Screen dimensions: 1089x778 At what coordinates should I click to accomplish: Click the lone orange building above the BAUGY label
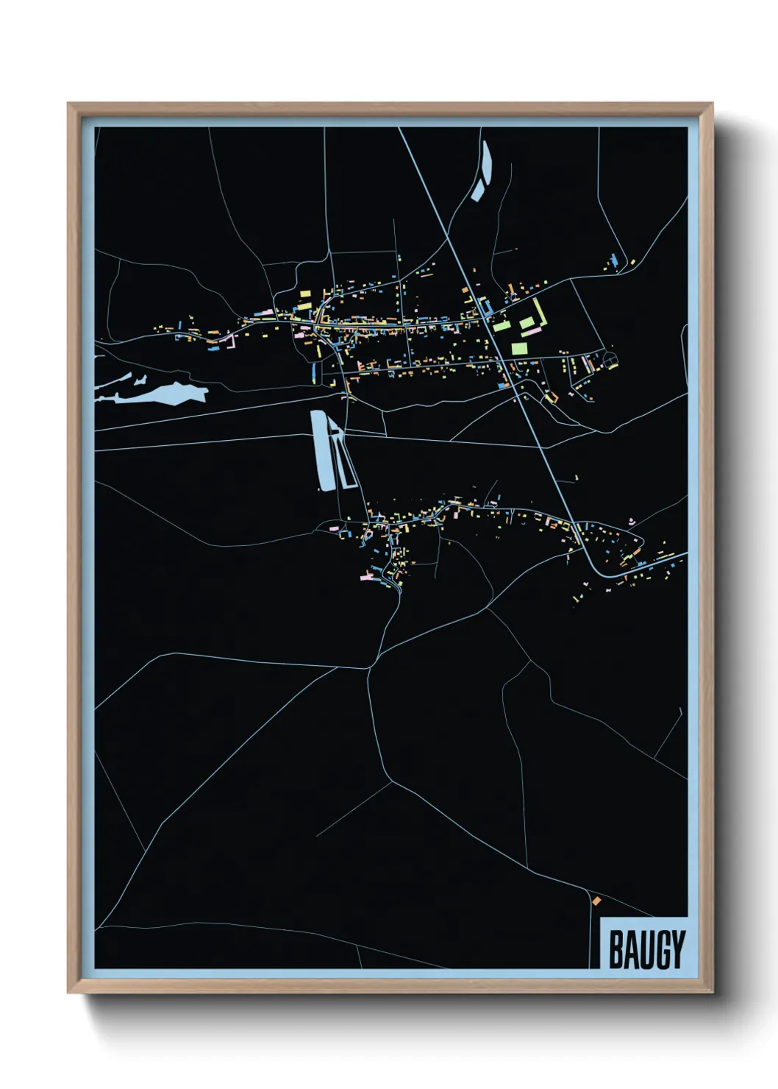(x=596, y=900)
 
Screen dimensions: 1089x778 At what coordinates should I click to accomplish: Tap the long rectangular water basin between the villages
(x=321, y=450)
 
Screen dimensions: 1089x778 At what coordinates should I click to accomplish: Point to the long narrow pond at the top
(x=485, y=162)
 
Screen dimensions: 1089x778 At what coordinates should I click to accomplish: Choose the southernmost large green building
(x=518, y=347)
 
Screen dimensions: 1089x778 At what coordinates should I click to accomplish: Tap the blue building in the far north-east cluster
(x=613, y=259)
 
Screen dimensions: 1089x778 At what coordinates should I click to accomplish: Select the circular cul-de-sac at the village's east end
(x=610, y=360)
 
